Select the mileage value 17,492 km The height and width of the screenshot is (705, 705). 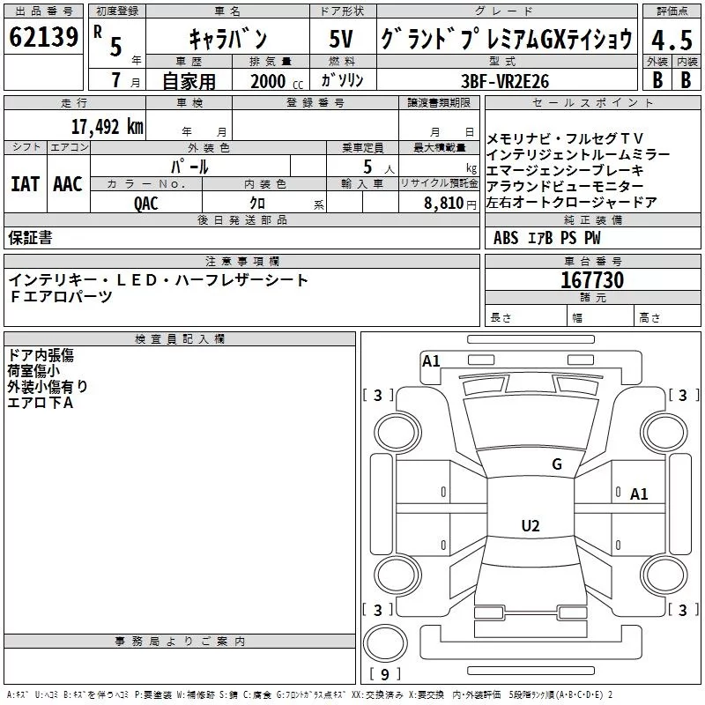[x=107, y=127]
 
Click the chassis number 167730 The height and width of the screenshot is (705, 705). [x=592, y=281]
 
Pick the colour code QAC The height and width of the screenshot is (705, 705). [x=146, y=202]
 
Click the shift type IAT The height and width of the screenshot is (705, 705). [x=25, y=183]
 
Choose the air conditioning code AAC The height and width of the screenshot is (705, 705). [x=68, y=183]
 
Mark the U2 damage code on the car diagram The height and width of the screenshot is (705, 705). [x=530, y=526]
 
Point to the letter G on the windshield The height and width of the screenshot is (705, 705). [x=556, y=464]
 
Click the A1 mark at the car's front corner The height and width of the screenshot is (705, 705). [x=431, y=361]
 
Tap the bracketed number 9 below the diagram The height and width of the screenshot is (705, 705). [x=385, y=674]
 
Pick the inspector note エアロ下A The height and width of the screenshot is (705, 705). [x=40, y=402]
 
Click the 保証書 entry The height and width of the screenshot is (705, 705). [x=30, y=237]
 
